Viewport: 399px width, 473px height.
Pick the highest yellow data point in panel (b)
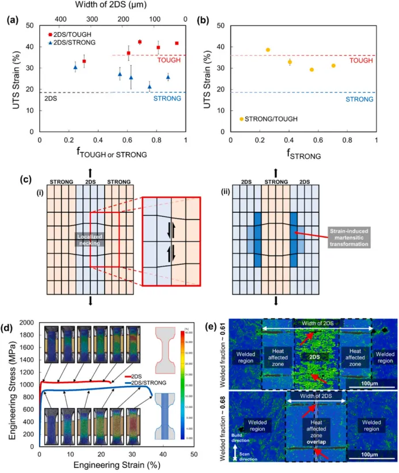click(x=267, y=49)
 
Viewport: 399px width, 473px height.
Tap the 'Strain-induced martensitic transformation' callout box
click(x=345, y=236)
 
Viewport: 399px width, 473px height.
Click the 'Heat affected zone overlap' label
click(x=316, y=426)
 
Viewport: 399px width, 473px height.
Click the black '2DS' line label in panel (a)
click(x=51, y=98)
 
